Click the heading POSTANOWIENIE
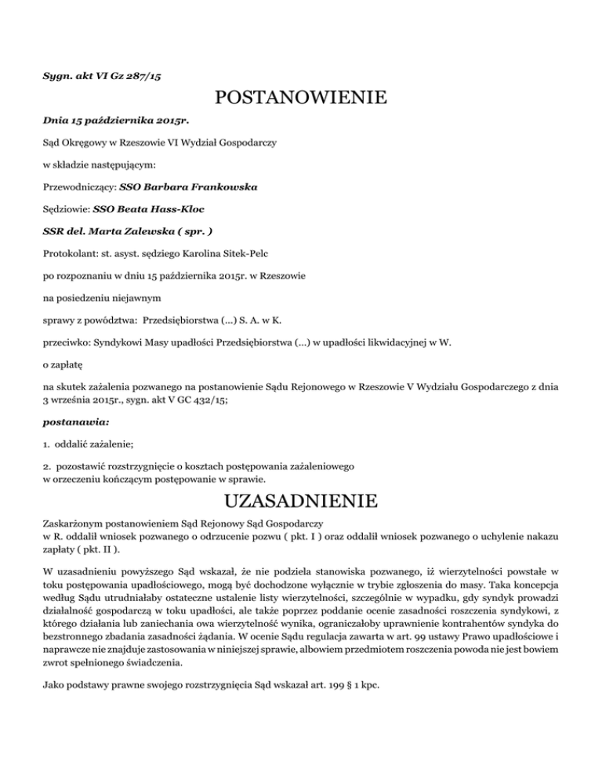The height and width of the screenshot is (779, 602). pyautogui.click(x=301, y=100)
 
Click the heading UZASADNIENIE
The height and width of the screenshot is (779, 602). pyautogui.click(x=301, y=500)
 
